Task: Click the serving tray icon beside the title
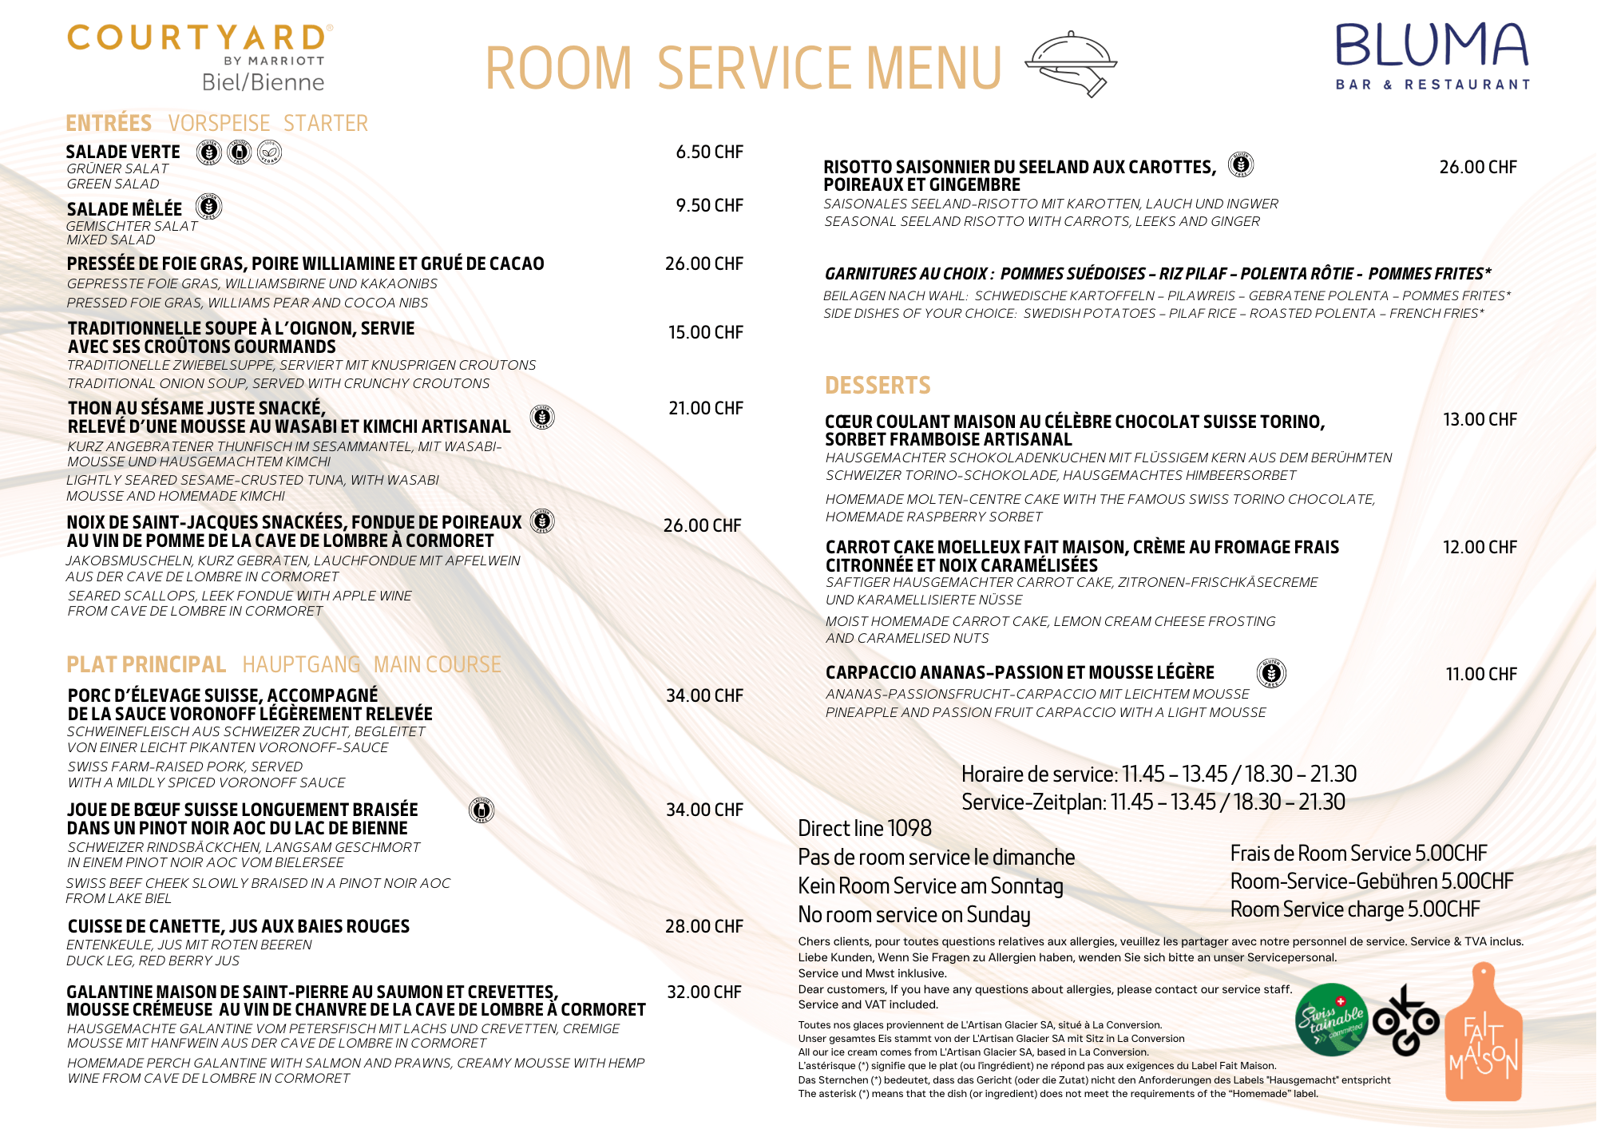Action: (1071, 64)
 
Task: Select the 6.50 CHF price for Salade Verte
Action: (709, 153)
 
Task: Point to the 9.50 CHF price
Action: (709, 206)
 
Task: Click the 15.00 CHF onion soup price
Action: (705, 333)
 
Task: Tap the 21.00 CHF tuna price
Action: (705, 409)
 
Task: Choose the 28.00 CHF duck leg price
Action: (703, 927)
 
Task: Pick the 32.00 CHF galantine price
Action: (703, 992)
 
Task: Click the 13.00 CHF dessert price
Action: (1480, 420)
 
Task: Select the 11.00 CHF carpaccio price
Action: (1481, 675)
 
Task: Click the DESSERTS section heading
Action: (878, 386)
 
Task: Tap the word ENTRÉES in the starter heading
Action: (109, 124)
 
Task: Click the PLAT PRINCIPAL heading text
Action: (146, 665)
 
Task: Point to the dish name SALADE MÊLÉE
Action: (125, 209)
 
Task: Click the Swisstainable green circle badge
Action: (1331, 1020)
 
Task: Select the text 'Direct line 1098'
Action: (865, 829)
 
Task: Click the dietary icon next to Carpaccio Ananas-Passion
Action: (1271, 673)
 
